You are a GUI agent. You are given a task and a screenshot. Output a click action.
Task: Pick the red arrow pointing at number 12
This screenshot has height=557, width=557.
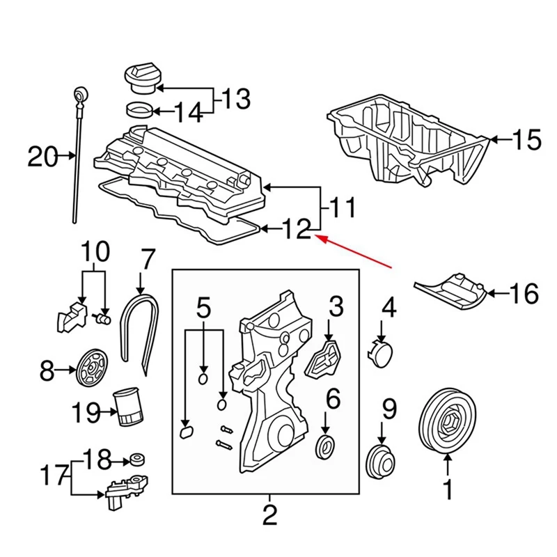tap(355, 252)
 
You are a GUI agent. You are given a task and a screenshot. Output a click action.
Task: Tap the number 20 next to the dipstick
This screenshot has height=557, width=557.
tap(43, 157)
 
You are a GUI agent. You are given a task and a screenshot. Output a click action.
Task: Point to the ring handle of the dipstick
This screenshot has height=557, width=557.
tap(79, 93)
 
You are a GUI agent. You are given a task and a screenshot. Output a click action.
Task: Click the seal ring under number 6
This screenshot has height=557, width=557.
tap(325, 447)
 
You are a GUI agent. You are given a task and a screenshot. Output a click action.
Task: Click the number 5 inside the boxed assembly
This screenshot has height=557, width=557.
tap(203, 306)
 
